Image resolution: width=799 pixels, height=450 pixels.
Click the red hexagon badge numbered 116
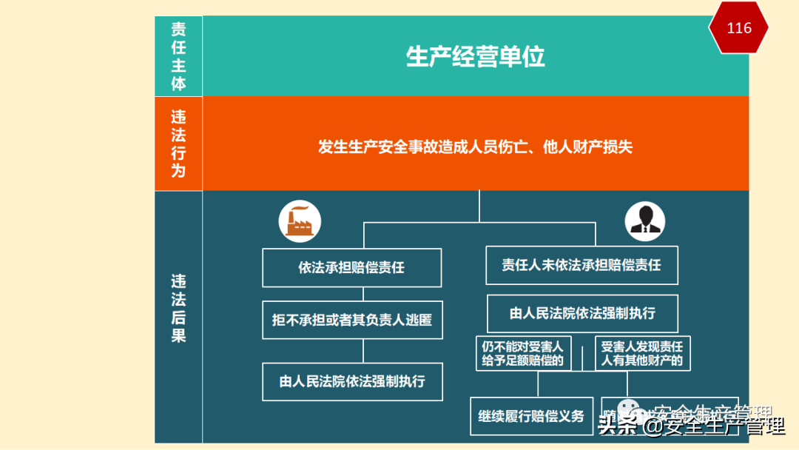click(x=738, y=28)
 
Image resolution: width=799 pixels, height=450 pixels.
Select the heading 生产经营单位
click(x=475, y=57)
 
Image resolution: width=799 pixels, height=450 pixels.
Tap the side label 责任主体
click(x=178, y=56)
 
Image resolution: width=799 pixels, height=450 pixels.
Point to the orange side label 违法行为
click(x=178, y=144)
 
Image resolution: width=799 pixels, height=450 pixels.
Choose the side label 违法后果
click(x=178, y=309)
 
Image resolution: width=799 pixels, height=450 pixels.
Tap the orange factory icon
click(x=299, y=221)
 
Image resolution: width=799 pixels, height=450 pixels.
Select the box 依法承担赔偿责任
click(x=351, y=268)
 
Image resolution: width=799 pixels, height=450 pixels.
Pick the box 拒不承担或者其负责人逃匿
click(x=351, y=320)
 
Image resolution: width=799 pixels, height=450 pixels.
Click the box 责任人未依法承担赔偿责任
click(x=581, y=265)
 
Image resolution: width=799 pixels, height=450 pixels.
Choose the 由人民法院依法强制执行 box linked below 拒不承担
click(x=352, y=382)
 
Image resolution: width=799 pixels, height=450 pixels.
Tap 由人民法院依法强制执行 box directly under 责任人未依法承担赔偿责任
click(x=582, y=313)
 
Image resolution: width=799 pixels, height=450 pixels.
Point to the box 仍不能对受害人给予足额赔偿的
click(x=523, y=354)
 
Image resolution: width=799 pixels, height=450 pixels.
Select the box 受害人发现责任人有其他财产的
click(x=641, y=354)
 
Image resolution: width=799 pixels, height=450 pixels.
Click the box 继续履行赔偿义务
click(x=530, y=416)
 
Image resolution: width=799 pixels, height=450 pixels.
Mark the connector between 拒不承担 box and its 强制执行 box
click(x=363, y=351)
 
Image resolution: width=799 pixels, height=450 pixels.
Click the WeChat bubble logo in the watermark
click(x=630, y=409)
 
